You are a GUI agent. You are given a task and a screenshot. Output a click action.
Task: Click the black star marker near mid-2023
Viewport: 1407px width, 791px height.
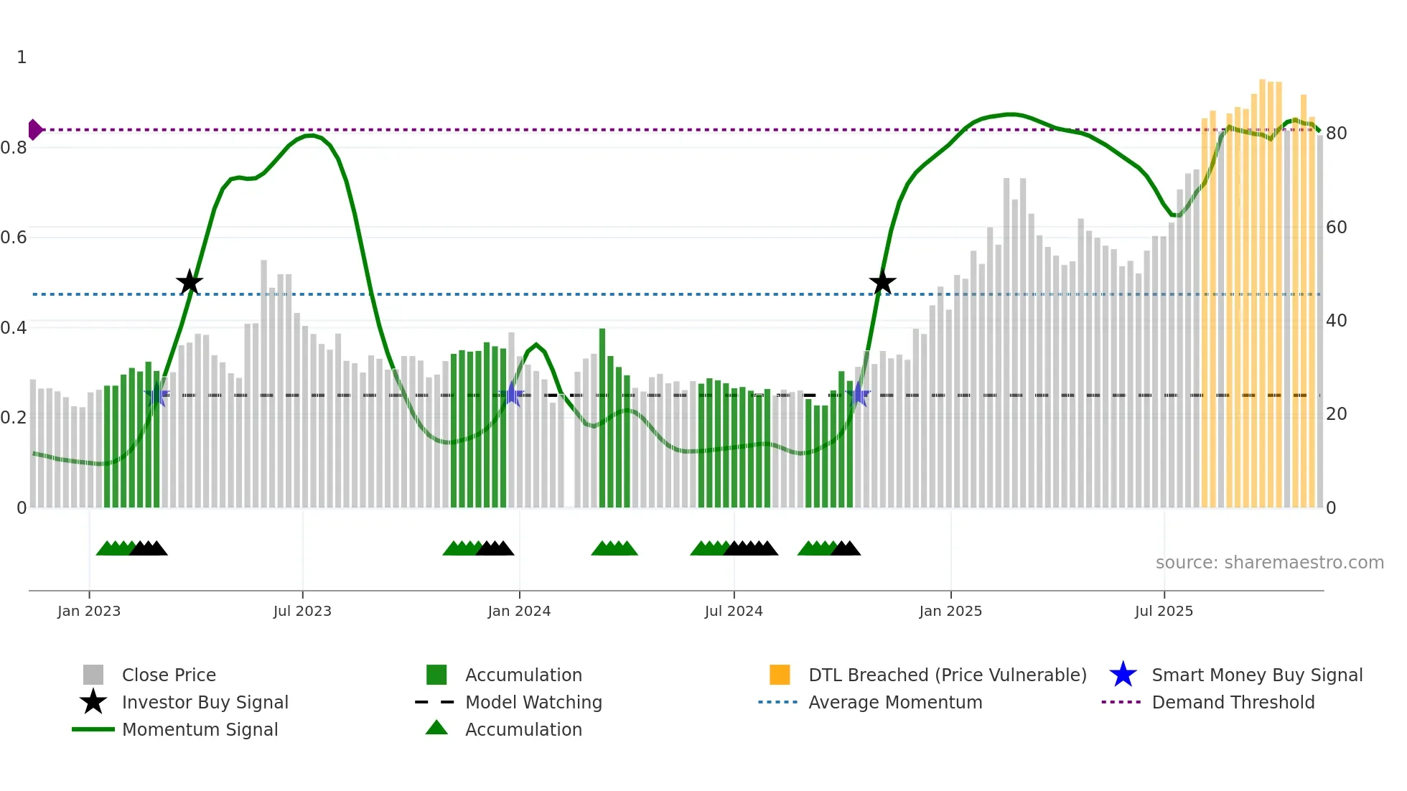point(190,283)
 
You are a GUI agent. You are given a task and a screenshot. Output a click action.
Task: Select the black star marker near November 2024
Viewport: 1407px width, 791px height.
point(882,283)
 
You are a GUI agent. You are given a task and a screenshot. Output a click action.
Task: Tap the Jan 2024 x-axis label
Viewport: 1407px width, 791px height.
point(519,612)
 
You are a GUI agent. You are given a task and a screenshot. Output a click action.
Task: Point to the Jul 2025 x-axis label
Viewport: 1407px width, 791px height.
point(1164,612)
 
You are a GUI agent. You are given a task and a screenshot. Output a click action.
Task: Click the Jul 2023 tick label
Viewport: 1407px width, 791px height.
point(302,612)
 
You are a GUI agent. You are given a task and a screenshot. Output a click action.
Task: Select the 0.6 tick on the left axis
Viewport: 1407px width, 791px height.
point(14,238)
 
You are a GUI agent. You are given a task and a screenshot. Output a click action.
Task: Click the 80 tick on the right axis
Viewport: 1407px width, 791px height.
point(1336,134)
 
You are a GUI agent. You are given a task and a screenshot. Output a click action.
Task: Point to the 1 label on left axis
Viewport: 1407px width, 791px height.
point(22,57)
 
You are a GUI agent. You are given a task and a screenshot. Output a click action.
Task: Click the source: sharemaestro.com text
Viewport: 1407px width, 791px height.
point(1269,563)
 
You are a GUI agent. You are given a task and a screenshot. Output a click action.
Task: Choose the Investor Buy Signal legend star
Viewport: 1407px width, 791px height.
point(93,702)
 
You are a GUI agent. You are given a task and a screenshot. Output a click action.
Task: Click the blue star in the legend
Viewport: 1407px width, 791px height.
point(1123,675)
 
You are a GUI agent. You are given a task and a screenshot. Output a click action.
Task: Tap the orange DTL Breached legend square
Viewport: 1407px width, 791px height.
point(780,675)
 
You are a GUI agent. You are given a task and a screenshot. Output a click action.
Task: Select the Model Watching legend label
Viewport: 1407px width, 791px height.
point(533,702)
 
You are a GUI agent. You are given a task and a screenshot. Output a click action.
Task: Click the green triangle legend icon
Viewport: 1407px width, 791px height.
point(436,729)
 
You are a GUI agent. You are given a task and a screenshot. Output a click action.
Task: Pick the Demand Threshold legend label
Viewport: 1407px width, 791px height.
point(1233,702)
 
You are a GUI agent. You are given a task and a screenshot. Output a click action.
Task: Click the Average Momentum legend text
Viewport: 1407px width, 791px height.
point(895,702)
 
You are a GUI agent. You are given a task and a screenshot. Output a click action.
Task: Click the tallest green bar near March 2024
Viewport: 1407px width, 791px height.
point(602,416)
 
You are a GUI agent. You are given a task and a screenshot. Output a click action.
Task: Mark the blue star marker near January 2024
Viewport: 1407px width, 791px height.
point(513,394)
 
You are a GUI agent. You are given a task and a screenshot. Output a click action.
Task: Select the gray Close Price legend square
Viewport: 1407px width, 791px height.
point(93,675)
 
